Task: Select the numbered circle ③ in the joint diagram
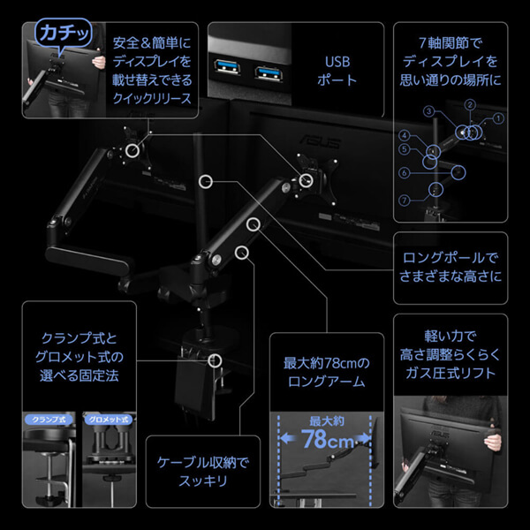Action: (428, 112)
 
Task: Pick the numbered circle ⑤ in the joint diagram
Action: (404, 149)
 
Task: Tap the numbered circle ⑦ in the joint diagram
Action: (404, 201)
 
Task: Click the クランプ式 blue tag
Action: (50, 419)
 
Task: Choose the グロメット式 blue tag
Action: (109, 419)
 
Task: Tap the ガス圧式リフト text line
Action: (450, 373)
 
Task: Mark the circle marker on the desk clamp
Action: (214, 360)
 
